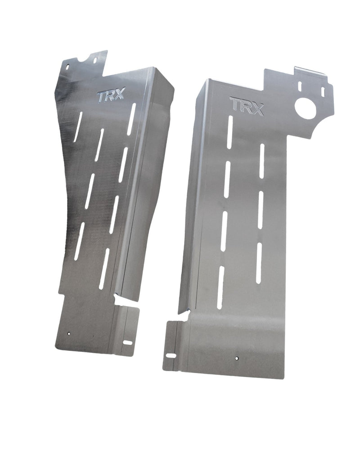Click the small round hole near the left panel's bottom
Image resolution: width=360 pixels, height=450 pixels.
[68, 334]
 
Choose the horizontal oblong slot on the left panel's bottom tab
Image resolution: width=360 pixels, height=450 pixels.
[128, 342]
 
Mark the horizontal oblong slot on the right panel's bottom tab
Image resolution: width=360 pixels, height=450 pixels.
[171, 355]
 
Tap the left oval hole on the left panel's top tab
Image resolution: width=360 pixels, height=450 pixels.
[68, 66]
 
